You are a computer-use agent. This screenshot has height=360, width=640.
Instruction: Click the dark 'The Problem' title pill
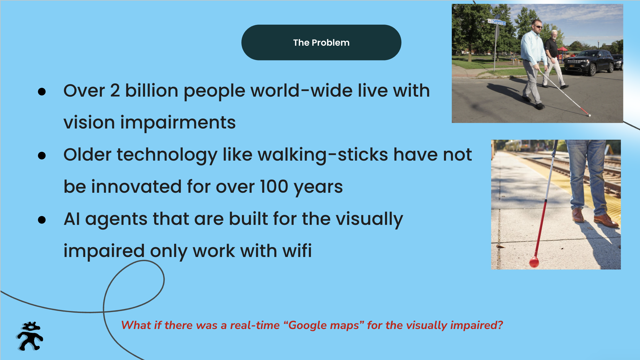[x=321, y=42]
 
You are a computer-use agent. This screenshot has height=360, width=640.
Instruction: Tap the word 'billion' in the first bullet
[x=152, y=91]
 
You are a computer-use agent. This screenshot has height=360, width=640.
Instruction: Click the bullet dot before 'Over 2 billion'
[x=42, y=92]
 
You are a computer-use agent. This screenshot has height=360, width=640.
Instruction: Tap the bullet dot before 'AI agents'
[x=42, y=220]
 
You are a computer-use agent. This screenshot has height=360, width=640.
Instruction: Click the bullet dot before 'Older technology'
[x=42, y=156]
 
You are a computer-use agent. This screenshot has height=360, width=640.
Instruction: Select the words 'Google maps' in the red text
[x=324, y=325]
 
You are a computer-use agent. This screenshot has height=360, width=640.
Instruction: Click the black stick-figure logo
[x=30, y=336]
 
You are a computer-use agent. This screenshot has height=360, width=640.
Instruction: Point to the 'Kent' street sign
[x=497, y=22]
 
